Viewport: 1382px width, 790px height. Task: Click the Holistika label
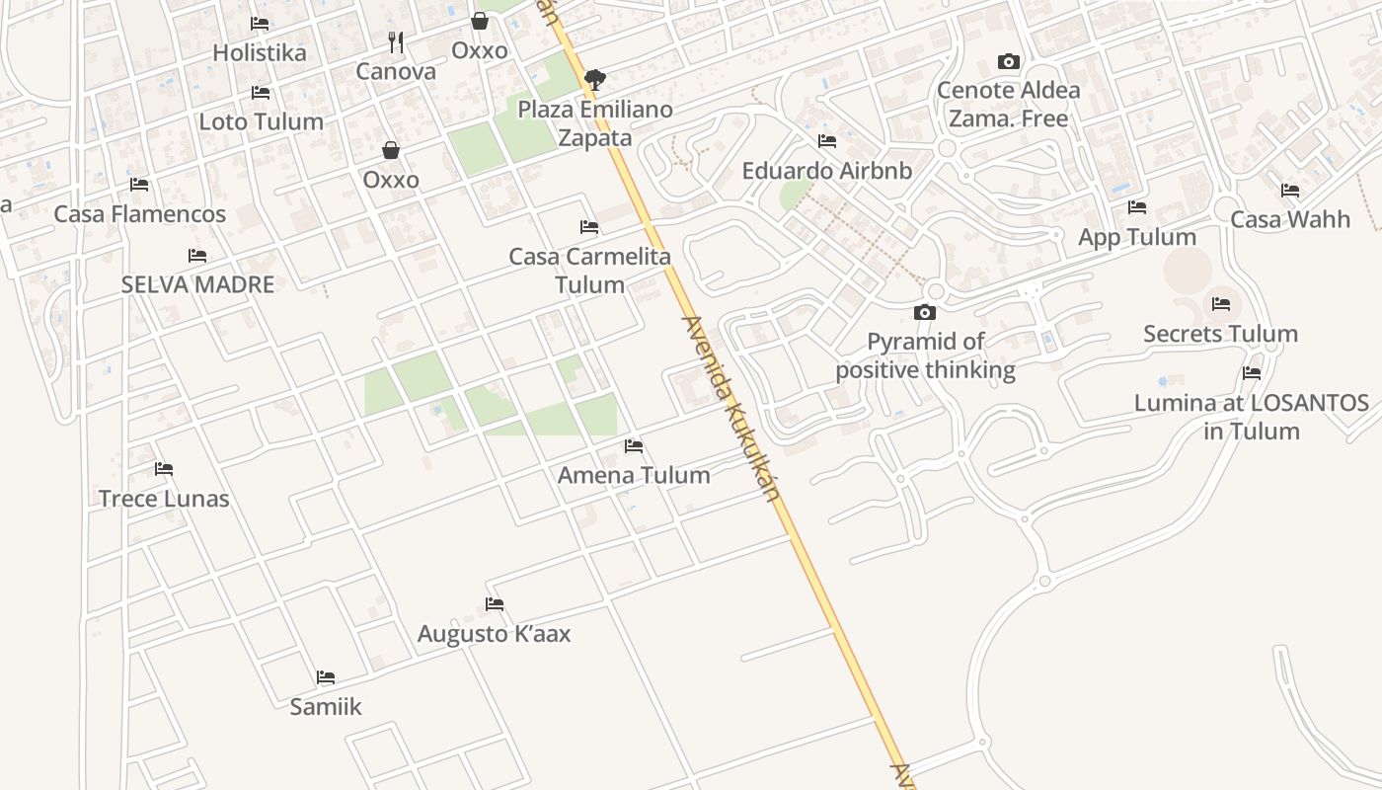(260, 52)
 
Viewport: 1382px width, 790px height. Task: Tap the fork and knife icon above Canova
(396, 42)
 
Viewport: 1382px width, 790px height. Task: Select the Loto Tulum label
(262, 121)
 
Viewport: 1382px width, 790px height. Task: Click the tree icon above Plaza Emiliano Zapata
(594, 79)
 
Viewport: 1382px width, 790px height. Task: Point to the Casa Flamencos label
(139, 213)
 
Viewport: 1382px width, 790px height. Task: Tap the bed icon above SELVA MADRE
(197, 256)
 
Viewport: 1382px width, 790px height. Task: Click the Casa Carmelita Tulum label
(589, 271)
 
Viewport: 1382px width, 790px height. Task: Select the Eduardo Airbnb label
(827, 170)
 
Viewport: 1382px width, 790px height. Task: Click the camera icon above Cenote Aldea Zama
(1008, 61)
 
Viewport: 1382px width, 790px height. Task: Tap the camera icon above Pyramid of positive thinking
(925, 312)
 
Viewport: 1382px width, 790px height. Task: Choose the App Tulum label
(1137, 237)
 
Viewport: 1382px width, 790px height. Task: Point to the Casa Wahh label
(1290, 219)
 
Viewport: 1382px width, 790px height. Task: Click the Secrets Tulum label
(1221, 334)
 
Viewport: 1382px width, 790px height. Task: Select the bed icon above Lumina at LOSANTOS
(1252, 373)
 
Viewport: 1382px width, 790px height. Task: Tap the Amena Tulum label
(634, 475)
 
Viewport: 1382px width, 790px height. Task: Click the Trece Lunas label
(164, 498)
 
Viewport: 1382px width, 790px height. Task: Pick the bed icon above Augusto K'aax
(495, 603)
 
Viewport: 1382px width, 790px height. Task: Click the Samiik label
(326, 706)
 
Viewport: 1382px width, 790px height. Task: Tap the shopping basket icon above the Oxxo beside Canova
(480, 21)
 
